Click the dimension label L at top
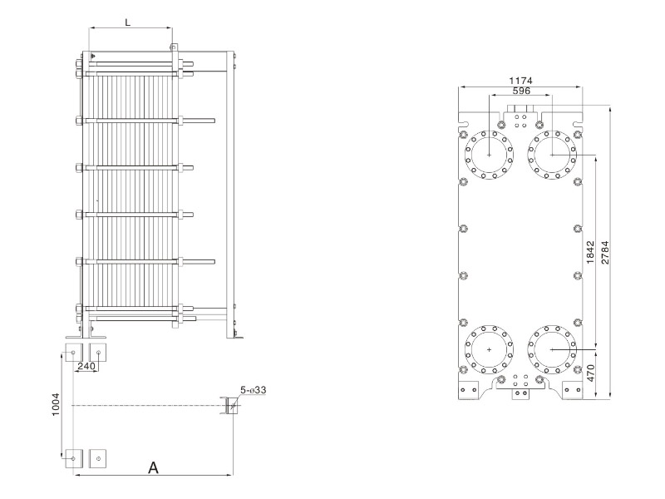click(x=127, y=22)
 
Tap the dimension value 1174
click(x=521, y=81)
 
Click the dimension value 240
click(x=86, y=365)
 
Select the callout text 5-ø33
click(x=254, y=389)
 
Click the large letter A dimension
click(x=153, y=467)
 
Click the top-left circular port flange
click(x=490, y=154)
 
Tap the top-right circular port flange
click(x=553, y=154)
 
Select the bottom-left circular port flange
click(x=490, y=349)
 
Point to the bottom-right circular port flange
click(x=553, y=349)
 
